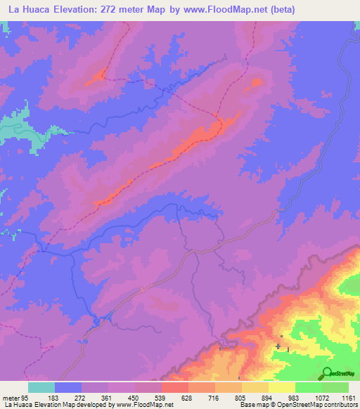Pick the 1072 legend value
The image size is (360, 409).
point(321,397)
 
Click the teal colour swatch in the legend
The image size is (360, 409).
point(41,387)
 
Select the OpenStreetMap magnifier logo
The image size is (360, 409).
point(326,373)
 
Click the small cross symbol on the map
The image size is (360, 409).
point(278,346)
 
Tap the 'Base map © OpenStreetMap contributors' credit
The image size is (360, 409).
point(297,405)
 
